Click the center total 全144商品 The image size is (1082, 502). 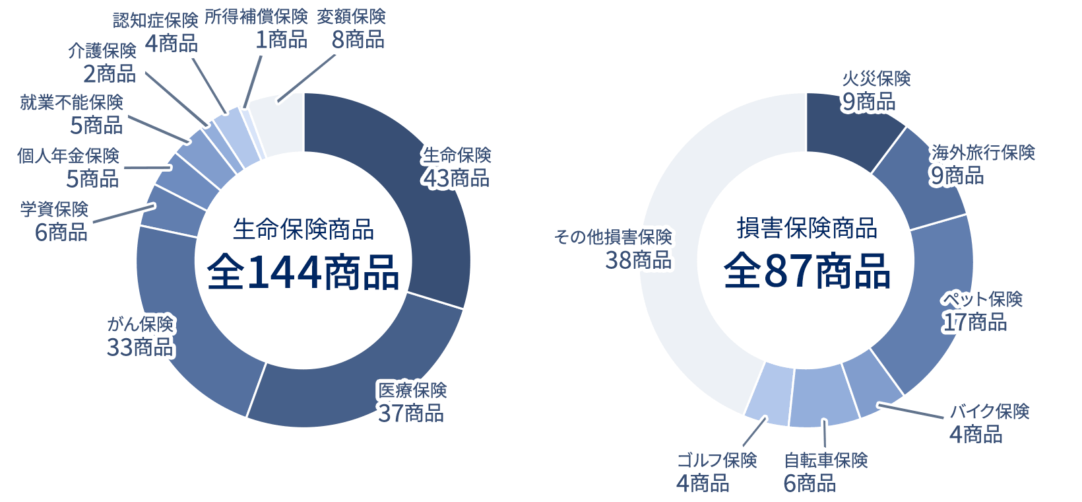[x=303, y=272]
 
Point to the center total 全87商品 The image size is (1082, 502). [x=807, y=271]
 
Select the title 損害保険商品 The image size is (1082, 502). [x=807, y=229]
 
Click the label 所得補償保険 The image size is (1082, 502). [x=257, y=17]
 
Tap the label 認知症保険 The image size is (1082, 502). [x=156, y=20]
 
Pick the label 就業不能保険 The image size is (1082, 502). [x=71, y=102]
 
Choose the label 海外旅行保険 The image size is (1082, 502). [x=983, y=153]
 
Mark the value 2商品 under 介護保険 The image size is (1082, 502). [x=110, y=74]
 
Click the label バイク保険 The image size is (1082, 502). [x=989, y=412]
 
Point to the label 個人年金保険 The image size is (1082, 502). [x=68, y=156]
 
